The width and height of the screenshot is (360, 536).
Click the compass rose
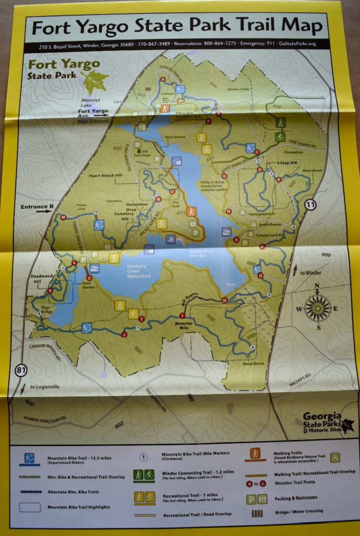click(318, 308)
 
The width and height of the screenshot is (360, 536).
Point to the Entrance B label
click(37, 207)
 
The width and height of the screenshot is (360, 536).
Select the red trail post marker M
click(63, 217)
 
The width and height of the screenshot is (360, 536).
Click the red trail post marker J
click(124, 334)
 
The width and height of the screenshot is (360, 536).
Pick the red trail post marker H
click(224, 300)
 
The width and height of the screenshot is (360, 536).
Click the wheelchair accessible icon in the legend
click(335, 457)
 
